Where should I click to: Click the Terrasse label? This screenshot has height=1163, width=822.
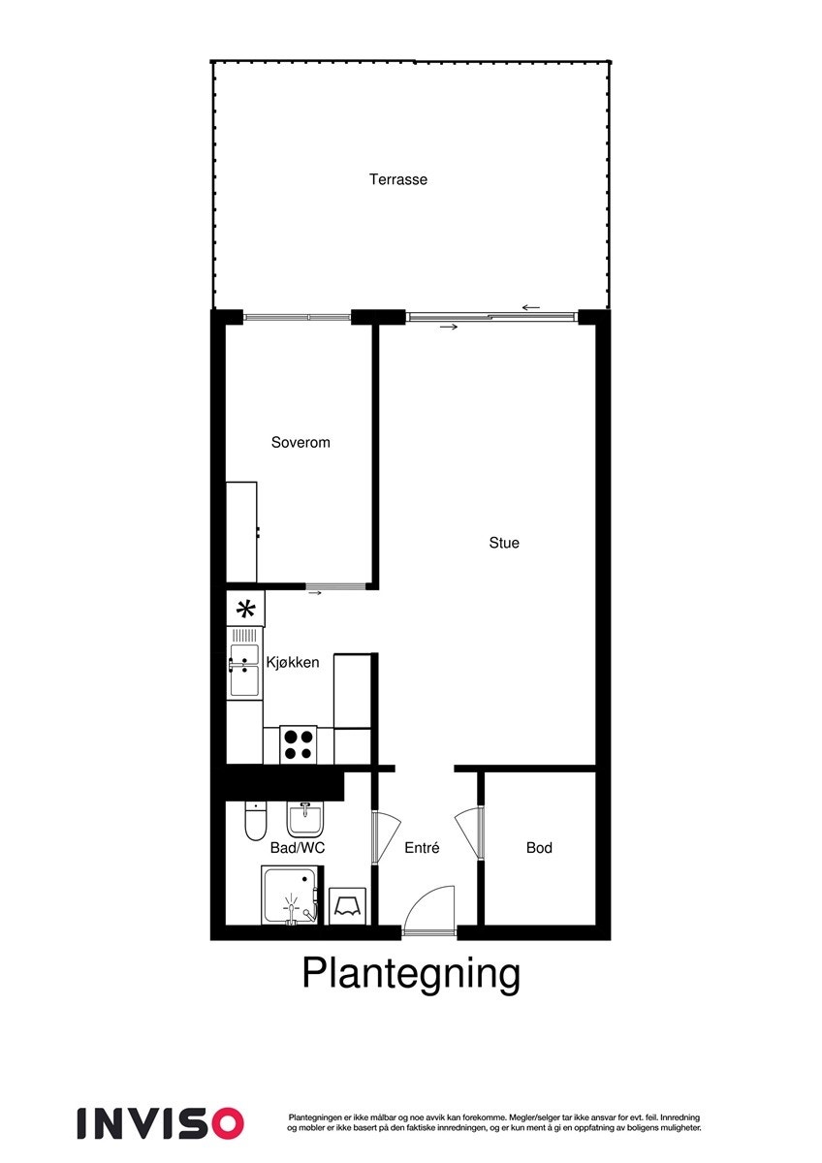pyautogui.click(x=397, y=179)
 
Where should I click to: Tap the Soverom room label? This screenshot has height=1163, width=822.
pyautogui.click(x=300, y=442)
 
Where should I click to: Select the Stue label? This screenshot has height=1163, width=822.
pyautogui.click(x=504, y=543)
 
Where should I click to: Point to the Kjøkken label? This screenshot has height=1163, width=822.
pyautogui.click(x=293, y=663)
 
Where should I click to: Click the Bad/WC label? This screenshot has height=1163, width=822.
pyautogui.click(x=298, y=848)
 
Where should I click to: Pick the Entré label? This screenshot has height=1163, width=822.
pyautogui.click(x=422, y=848)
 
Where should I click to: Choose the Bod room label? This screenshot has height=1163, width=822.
pyautogui.click(x=539, y=848)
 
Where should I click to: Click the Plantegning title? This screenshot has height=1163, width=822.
pyautogui.click(x=411, y=973)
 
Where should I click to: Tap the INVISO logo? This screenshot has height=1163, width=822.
pyautogui.click(x=160, y=1122)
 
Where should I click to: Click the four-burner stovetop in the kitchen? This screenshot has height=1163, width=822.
pyautogui.click(x=298, y=743)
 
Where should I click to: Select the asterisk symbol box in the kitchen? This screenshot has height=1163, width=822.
pyautogui.click(x=246, y=609)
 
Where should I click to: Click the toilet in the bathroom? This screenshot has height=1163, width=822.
pyautogui.click(x=255, y=822)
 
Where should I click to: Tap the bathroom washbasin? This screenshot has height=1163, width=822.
pyautogui.click(x=304, y=820)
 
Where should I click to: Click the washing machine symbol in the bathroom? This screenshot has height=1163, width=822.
pyautogui.click(x=347, y=905)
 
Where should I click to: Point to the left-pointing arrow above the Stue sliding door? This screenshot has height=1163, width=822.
pyautogui.click(x=530, y=307)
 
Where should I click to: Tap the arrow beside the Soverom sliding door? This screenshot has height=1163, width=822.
pyautogui.click(x=314, y=592)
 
